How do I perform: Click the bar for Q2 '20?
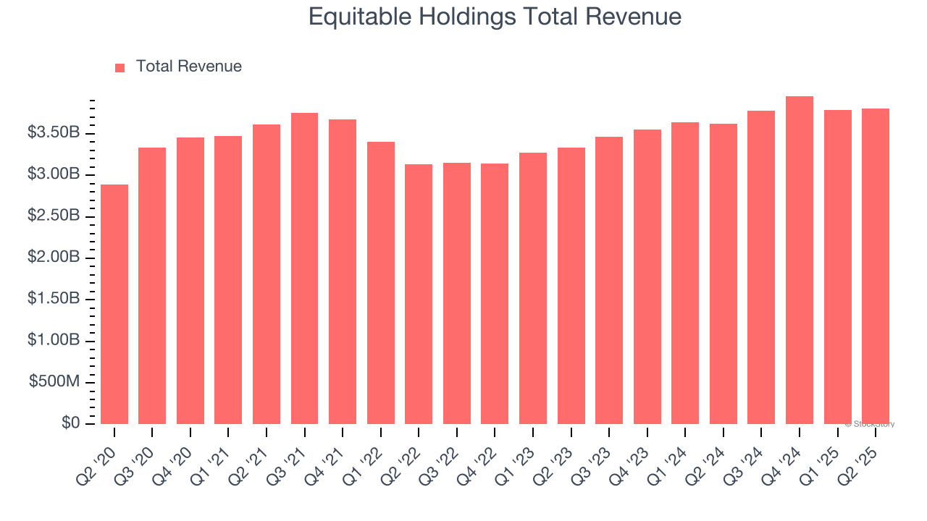(114, 304)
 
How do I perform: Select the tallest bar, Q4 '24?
(800, 260)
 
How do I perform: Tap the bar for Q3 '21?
(304, 268)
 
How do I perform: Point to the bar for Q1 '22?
(380, 283)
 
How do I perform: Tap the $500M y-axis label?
(54, 382)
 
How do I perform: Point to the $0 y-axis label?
(70, 423)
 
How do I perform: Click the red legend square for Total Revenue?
(120, 67)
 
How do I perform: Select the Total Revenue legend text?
(188, 67)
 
